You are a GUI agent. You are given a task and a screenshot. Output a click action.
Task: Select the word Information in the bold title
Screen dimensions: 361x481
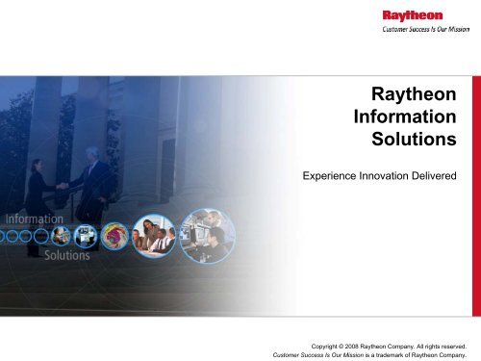pos(405,120)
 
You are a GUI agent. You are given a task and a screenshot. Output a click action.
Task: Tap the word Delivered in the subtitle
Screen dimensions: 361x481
pos(438,176)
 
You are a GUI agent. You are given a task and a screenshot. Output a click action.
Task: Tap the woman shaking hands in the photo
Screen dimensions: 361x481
pos(41,188)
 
